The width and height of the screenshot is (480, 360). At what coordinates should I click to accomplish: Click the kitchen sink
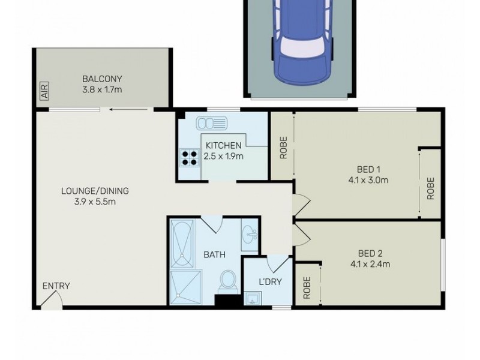click(212, 124)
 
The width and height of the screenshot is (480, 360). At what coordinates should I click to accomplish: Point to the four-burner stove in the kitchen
click(190, 157)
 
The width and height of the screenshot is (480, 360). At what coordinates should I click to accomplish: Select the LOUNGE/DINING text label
click(95, 191)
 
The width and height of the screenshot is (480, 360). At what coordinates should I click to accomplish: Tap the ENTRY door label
click(56, 286)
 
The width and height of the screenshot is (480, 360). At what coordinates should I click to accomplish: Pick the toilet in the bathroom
click(227, 281)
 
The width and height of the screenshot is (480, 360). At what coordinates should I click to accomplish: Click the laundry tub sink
click(252, 299)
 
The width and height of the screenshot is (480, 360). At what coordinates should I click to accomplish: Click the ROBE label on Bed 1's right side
click(430, 188)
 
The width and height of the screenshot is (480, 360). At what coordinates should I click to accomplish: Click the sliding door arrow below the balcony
click(122, 110)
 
